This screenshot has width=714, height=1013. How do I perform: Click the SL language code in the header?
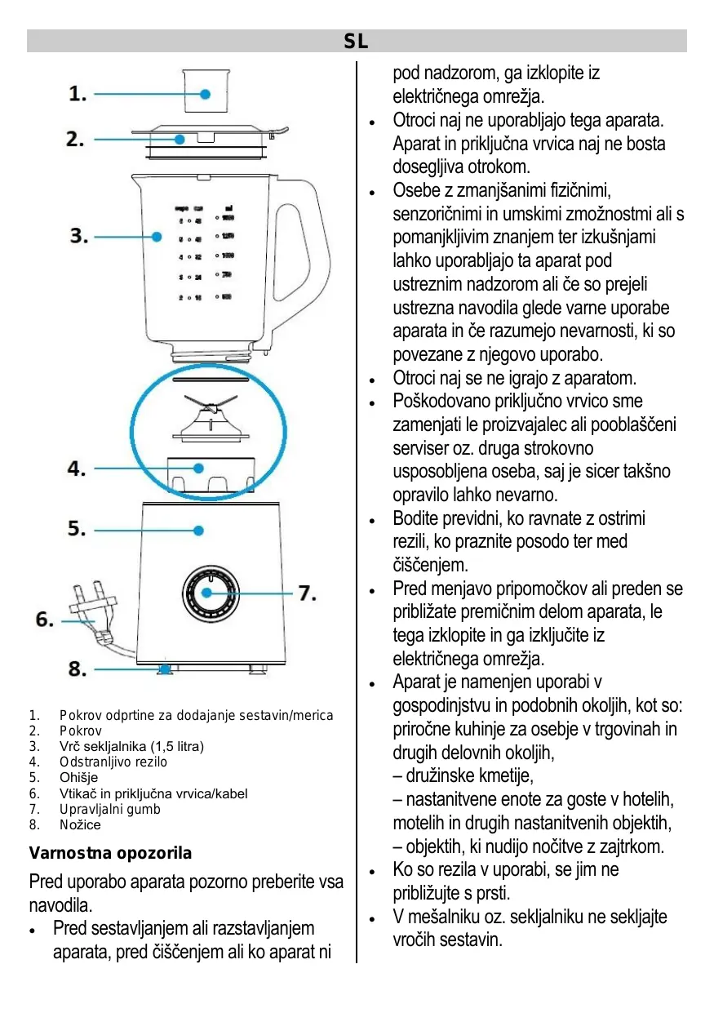click(x=356, y=42)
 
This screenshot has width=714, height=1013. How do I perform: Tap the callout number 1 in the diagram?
click(x=78, y=94)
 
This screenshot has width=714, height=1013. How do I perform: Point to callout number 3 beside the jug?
click(x=78, y=237)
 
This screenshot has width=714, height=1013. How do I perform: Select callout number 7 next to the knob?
click(x=306, y=593)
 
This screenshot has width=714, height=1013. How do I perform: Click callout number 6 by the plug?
click(x=45, y=620)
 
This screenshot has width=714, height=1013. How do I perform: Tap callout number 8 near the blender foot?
click(x=78, y=669)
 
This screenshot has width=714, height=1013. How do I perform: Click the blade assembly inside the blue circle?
click(x=209, y=420)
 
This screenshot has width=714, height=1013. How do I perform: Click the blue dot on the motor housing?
click(x=198, y=531)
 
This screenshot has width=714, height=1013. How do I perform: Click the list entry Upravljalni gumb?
click(x=110, y=809)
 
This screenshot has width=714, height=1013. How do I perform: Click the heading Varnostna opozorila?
click(x=111, y=853)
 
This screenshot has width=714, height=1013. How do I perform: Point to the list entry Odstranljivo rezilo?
click(x=113, y=762)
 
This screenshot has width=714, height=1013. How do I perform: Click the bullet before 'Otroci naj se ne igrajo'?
click(x=371, y=380)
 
